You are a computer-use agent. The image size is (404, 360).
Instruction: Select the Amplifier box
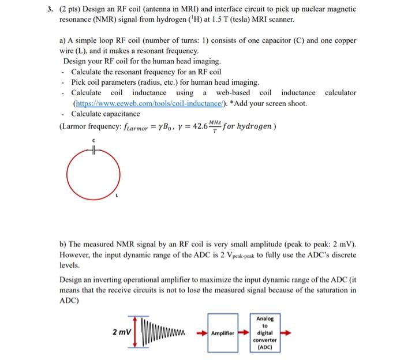pos(223,333)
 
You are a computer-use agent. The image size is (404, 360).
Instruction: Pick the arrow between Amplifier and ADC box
pos(245,333)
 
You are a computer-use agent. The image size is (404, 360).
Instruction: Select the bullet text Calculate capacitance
pos(105,114)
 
